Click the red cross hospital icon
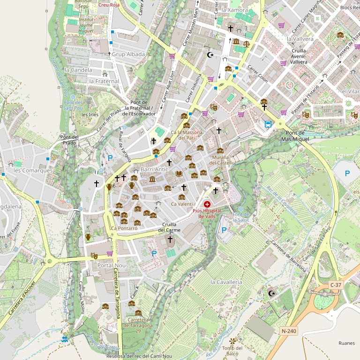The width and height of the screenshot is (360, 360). [207, 204]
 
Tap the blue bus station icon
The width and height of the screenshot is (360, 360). [268, 124]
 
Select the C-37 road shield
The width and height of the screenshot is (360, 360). [336, 285]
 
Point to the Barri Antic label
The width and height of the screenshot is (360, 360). [154, 169]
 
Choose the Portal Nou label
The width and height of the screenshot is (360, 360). [111, 265]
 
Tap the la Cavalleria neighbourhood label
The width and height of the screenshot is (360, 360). [226, 282]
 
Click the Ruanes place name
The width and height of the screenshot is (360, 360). [347, 343]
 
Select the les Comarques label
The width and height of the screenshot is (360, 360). [33, 171]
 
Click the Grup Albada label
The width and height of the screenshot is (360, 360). [128, 54]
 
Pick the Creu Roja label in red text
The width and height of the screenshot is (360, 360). [109, 5]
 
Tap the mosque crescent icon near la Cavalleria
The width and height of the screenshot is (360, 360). [270, 293]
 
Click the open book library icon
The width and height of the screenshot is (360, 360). [179, 174]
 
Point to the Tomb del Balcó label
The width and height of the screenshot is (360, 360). [232, 351]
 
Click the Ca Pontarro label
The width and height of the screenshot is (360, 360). [124, 228]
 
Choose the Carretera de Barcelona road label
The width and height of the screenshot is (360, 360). [288, 256]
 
